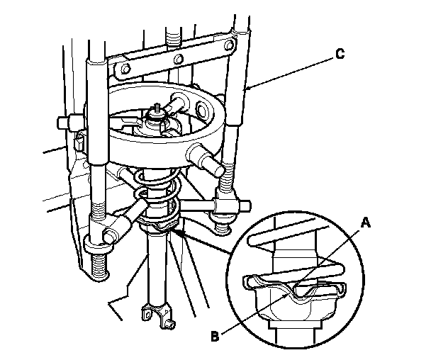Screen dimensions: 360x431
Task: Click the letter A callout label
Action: (366, 221)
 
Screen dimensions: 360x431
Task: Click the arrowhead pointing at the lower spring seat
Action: (180, 230)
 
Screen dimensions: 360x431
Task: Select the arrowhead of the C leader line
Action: (246, 91)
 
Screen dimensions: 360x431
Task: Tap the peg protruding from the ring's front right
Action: (206, 159)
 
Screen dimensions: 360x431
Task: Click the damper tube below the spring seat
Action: (156, 269)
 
